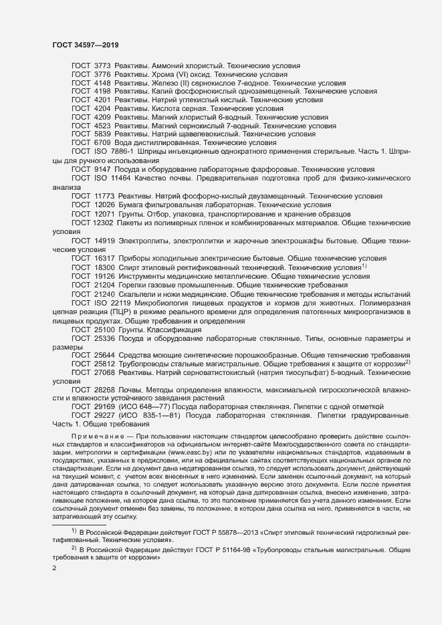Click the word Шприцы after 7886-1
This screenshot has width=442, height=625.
(x=151, y=152)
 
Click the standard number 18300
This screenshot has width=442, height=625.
(x=104, y=267)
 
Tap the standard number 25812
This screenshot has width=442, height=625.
(x=104, y=363)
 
